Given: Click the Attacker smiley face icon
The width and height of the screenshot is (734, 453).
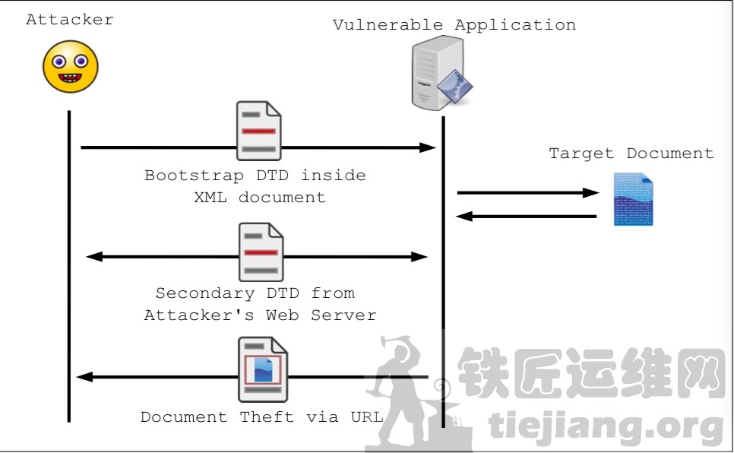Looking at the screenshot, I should [70, 66].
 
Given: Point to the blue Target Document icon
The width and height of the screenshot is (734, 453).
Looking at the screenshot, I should [633, 199].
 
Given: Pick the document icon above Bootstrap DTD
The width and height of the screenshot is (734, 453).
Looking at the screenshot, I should [258, 131].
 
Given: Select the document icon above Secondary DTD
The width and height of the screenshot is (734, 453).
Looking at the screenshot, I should [260, 252].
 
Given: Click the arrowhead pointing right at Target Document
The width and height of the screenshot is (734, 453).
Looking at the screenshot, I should [592, 193].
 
